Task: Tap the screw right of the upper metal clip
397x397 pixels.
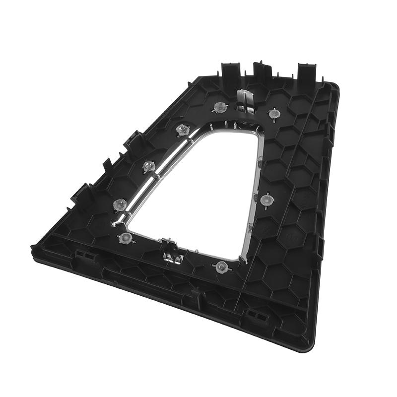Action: pyautogui.click(x=273, y=114)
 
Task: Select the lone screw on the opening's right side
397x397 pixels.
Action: pyautogui.click(x=266, y=199)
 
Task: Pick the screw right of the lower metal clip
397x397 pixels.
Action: pyautogui.click(x=221, y=267)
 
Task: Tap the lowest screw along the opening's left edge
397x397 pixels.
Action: pyautogui.click(x=120, y=203)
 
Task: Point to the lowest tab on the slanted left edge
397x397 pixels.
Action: pyautogui.click(x=81, y=194)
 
